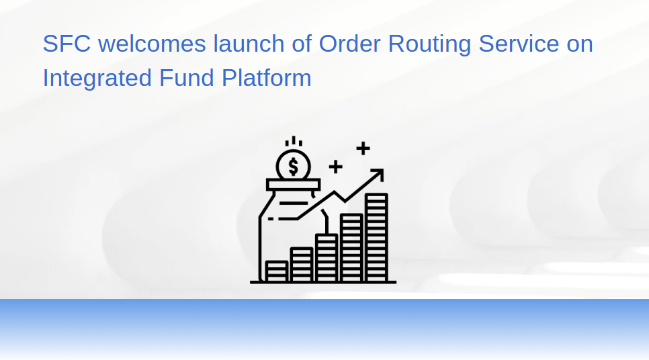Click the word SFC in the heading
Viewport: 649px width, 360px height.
click(x=67, y=44)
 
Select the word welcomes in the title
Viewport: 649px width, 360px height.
click(x=152, y=44)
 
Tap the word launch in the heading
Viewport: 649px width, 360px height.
click(x=249, y=44)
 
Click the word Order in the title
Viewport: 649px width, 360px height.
click(x=349, y=44)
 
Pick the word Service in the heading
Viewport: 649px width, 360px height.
click(x=519, y=44)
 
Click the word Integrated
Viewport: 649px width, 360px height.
click(x=97, y=79)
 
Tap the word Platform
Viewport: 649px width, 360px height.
click(x=267, y=78)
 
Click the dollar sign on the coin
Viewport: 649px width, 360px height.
click(x=293, y=167)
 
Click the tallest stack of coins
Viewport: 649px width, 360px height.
click(x=376, y=237)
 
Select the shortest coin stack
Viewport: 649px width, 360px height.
click(x=277, y=271)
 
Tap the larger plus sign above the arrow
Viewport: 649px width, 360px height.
click(x=363, y=148)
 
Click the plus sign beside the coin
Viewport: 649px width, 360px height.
click(x=336, y=167)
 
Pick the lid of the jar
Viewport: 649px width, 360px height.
click(x=293, y=185)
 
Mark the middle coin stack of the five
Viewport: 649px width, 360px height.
click(x=327, y=258)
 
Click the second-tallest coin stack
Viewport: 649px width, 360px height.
click(x=351, y=248)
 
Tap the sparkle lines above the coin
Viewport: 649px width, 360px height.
click(x=294, y=142)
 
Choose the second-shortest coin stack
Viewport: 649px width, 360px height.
click(x=301, y=265)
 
